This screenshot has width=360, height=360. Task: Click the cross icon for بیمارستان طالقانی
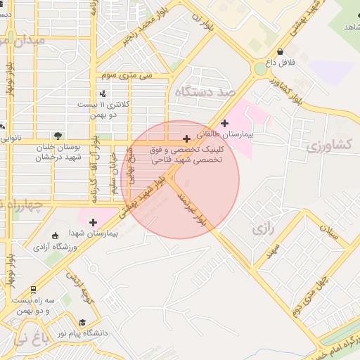click(224, 124)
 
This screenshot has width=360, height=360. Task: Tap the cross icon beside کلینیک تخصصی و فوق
click(186, 139)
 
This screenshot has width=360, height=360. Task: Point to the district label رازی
click(261, 229)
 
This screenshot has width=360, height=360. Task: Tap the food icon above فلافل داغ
click(281, 51)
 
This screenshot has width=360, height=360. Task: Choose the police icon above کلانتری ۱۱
click(104, 93)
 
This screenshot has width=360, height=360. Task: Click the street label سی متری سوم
click(127, 74)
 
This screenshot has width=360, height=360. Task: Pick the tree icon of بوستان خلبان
click(58, 136)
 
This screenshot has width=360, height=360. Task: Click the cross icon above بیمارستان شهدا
click(93, 222)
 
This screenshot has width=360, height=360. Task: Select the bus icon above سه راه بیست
click(34, 289)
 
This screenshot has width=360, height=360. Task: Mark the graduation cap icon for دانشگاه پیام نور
click(82, 322)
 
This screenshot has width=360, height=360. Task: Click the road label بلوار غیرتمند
click(191, 206)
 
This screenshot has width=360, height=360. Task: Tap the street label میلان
click(329, 231)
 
